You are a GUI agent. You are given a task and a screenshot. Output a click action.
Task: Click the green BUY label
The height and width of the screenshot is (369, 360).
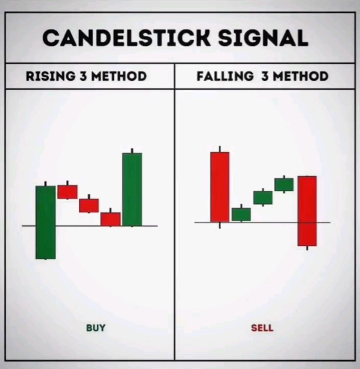click(96, 328)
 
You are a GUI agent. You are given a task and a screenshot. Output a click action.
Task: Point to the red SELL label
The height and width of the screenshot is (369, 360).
click(262, 328)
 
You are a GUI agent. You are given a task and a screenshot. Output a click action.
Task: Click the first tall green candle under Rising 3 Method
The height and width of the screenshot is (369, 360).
click(45, 222)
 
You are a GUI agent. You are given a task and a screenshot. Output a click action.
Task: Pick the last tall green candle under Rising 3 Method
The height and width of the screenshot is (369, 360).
click(132, 189)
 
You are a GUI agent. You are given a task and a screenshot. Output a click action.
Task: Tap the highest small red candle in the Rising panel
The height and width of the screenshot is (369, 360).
click(67, 192)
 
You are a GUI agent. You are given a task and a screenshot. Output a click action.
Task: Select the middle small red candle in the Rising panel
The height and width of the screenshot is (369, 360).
click(89, 205)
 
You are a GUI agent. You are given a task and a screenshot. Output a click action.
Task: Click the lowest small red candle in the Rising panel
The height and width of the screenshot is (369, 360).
click(111, 219)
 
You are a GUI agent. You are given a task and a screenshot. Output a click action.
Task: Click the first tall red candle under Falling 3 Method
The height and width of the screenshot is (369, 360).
click(220, 187)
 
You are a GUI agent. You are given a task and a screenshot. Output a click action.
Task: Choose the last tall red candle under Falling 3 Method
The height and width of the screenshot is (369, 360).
click(307, 211)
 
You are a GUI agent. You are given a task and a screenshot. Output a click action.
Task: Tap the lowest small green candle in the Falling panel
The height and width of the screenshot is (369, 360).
click(241, 214)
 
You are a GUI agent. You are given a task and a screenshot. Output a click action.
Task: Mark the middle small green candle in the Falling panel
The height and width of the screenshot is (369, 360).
click(263, 197)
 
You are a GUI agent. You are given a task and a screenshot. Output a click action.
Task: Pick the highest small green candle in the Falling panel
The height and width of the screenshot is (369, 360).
click(284, 184)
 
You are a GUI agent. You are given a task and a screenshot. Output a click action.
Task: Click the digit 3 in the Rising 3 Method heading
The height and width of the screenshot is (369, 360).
click(82, 76)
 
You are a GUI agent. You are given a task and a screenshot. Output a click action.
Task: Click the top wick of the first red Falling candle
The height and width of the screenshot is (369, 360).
click(220, 149)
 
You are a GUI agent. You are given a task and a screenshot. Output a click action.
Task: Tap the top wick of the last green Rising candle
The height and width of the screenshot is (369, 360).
click(132, 150)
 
